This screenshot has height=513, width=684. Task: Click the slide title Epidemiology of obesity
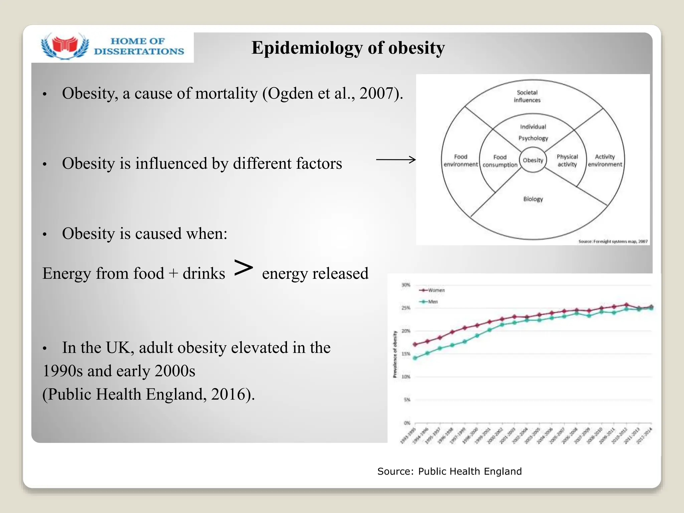(348, 48)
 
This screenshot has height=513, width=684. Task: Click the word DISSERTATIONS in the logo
(139, 51)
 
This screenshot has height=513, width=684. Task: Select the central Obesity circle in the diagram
(533, 160)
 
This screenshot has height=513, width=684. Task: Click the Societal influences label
(527, 96)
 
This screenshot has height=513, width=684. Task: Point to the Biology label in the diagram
(533, 199)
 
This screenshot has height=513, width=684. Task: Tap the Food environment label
(461, 161)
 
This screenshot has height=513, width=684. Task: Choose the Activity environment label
(605, 161)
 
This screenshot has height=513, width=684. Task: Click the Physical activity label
(567, 161)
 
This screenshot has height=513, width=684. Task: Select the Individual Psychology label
(533, 133)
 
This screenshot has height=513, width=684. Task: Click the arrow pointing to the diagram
(396, 160)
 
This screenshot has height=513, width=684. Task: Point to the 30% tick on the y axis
(406, 285)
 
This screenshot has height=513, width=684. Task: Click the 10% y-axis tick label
(406, 377)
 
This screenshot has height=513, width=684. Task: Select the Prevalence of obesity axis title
(395, 354)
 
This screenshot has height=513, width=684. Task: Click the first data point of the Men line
(415, 358)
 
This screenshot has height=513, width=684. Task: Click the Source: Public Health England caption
(449, 471)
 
